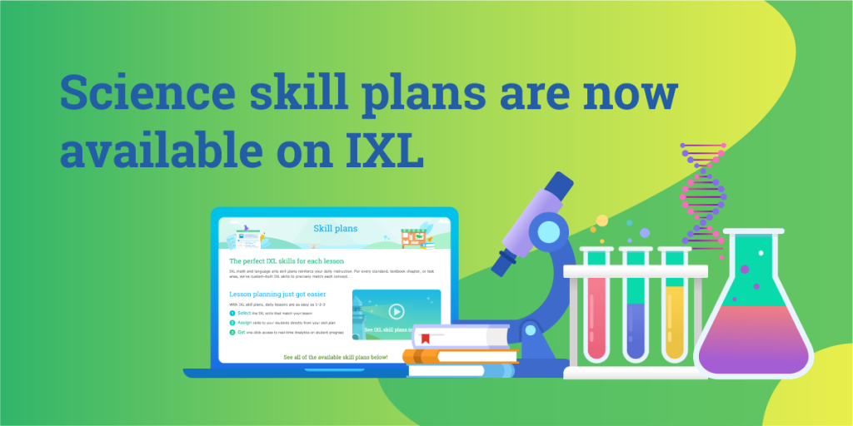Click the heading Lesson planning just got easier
click(x=277, y=294)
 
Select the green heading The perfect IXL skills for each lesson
click(x=287, y=260)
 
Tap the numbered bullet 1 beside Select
click(x=232, y=313)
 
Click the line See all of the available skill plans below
click(x=336, y=356)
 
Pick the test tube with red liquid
click(x=597, y=316)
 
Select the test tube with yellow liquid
click(x=676, y=320)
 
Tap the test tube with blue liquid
click(x=636, y=329)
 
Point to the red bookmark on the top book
click(x=425, y=338)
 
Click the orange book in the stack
click(x=450, y=356)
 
